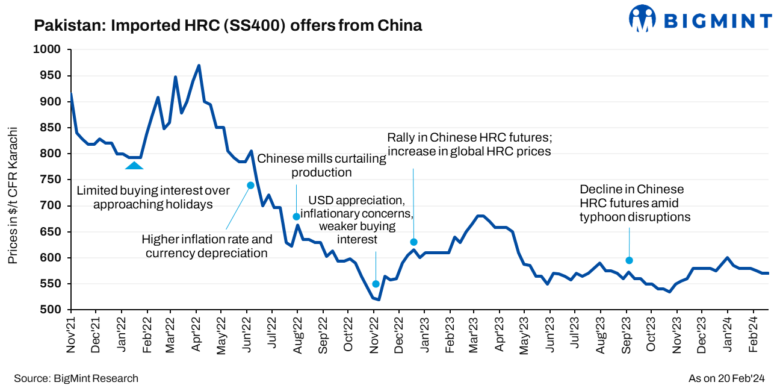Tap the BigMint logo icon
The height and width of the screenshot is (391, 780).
(x=642, y=19)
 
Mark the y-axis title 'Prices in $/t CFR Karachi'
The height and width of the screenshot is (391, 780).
(x=13, y=195)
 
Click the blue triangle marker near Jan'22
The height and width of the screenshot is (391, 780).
(x=134, y=164)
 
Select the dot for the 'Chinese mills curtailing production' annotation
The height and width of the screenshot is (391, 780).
(x=296, y=216)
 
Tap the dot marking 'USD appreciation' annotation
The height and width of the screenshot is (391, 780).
(x=376, y=284)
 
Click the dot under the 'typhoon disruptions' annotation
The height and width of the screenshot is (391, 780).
(x=629, y=260)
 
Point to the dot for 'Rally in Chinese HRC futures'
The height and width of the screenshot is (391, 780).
(x=413, y=242)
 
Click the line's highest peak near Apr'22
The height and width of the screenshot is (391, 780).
(x=199, y=66)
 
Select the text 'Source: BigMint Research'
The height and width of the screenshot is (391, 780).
(x=76, y=378)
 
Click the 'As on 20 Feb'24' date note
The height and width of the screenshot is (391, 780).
(x=726, y=378)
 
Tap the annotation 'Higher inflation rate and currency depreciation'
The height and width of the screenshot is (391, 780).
(x=206, y=246)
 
